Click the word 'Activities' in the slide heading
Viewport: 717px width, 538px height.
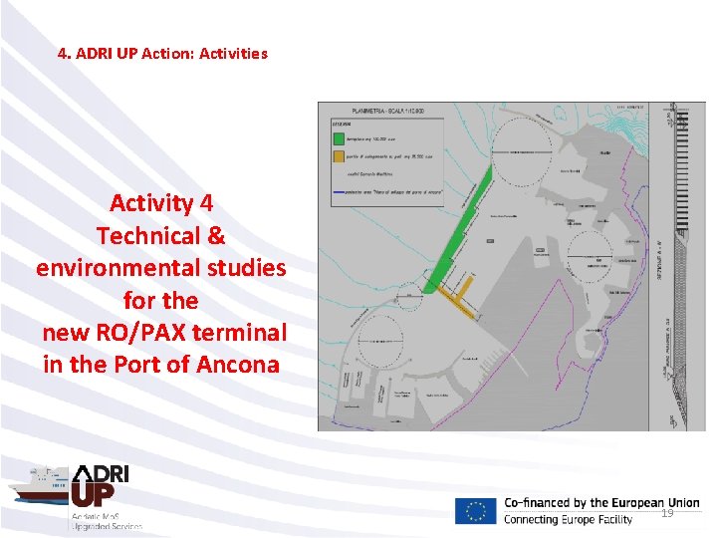(x=233, y=54)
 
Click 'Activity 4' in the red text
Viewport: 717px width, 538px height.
(x=160, y=203)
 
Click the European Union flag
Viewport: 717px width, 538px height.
(x=475, y=511)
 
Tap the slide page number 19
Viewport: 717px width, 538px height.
(x=667, y=513)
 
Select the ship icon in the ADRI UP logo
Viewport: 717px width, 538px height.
(x=37, y=487)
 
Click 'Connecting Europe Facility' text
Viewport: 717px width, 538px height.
(x=568, y=520)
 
